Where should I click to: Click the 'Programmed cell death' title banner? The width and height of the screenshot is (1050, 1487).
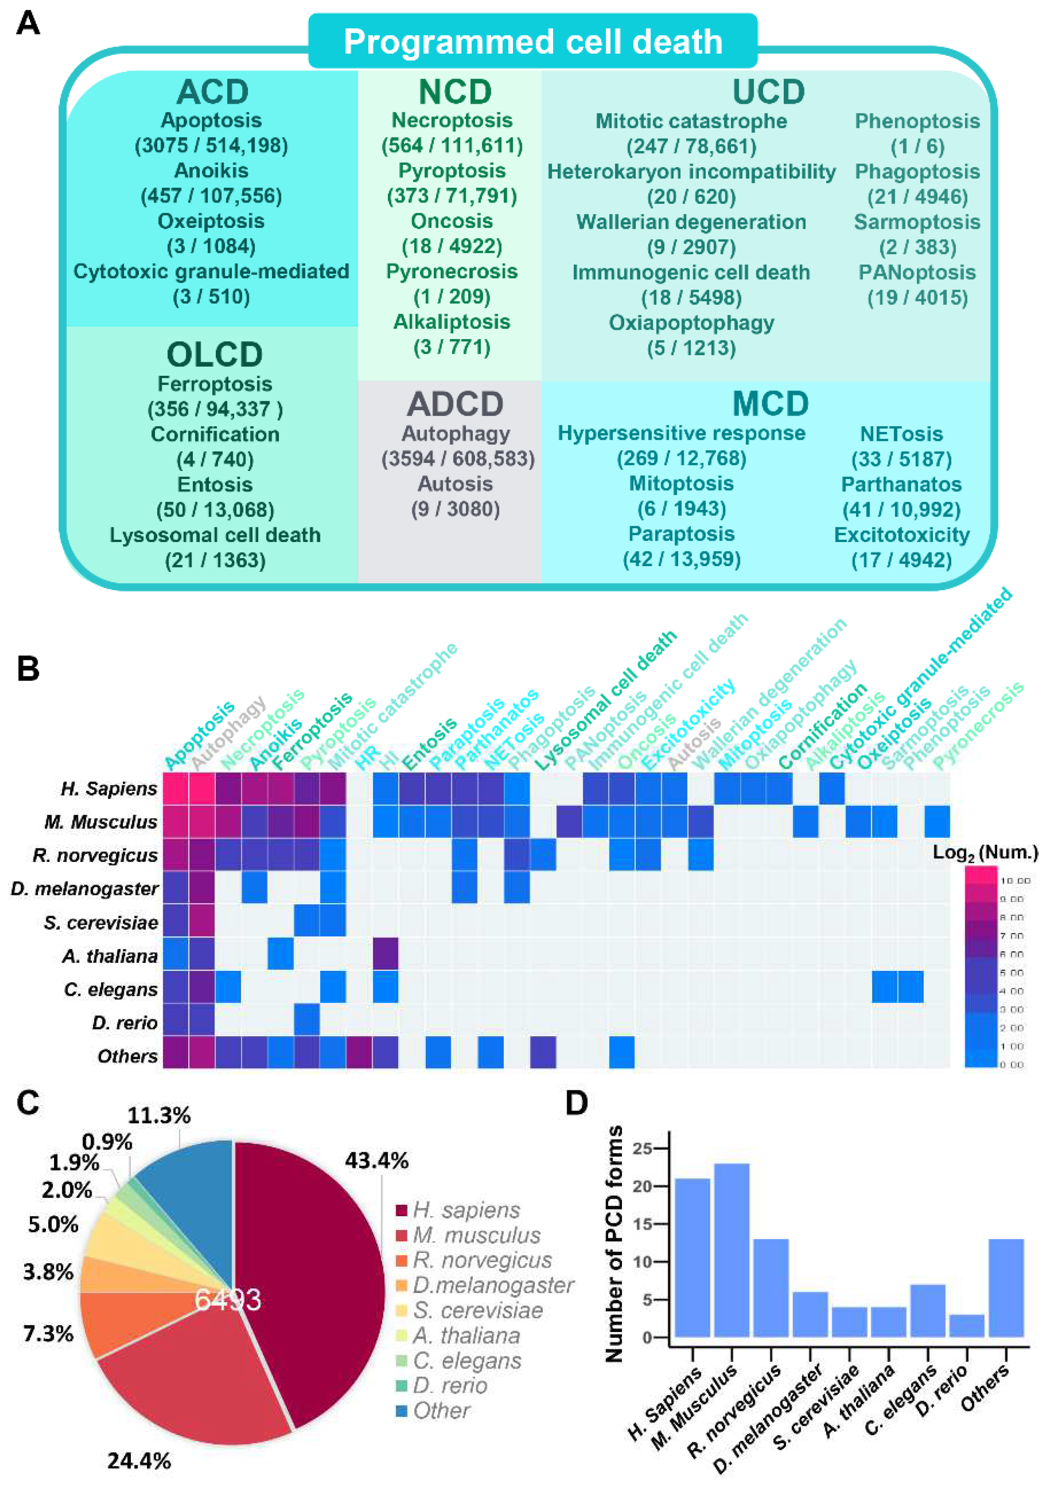[x=533, y=42]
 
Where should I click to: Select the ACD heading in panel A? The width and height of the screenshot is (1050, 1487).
[x=213, y=91]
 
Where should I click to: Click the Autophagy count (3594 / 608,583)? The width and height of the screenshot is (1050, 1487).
[x=458, y=458]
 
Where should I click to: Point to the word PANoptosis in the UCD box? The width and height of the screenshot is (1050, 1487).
[x=916, y=272]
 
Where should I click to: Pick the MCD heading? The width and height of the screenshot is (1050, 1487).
[x=770, y=403]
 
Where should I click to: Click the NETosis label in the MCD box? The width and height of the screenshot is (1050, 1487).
[x=901, y=433]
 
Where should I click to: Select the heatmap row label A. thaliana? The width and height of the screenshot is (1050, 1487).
[x=109, y=956]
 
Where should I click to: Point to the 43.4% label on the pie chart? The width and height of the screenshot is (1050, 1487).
[x=376, y=1160]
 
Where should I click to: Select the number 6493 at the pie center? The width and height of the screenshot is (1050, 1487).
[x=228, y=1299]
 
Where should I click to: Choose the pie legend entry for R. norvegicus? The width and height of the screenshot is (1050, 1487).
[x=482, y=1260]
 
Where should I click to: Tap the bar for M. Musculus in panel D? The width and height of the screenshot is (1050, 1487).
[x=731, y=1250]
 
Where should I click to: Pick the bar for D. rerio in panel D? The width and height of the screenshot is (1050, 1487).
[x=966, y=1325]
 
